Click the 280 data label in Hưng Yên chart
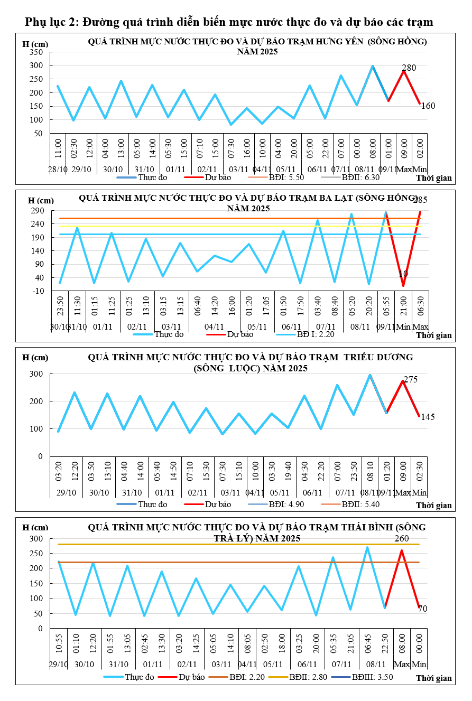tap(409, 68)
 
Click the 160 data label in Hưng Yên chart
tap(428, 106)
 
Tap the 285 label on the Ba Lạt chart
tap(420, 200)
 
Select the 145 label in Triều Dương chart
tap(428, 417)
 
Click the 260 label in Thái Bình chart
tap(402, 539)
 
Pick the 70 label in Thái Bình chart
tap(423, 609)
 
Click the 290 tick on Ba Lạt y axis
tap(38, 210)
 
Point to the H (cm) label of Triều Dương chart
tap(35, 358)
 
